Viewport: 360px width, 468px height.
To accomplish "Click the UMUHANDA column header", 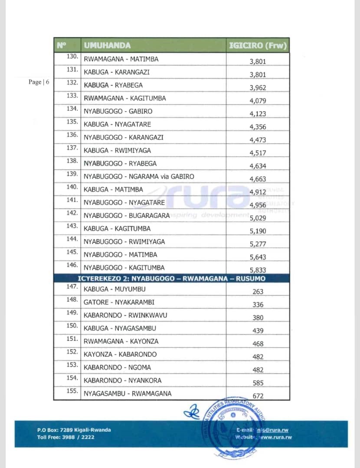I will tap(107, 45).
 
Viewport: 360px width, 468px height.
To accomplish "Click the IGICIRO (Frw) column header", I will tap(258, 45).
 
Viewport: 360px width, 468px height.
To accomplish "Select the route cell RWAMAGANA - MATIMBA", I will tap(121, 59).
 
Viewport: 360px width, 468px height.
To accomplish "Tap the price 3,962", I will tap(258, 88).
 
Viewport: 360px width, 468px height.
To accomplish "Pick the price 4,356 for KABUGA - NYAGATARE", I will tap(258, 127).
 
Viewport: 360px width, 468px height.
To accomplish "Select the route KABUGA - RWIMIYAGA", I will tap(117, 150).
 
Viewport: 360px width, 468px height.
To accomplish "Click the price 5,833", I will tap(258, 270).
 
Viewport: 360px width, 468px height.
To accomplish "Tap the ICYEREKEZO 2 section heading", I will tap(171, 278).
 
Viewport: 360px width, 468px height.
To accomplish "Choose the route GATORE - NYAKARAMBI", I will tap(119, 302).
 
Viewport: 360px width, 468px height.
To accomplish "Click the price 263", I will tap(258, 292).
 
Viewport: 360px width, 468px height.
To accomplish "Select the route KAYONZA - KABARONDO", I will tap(120, 354).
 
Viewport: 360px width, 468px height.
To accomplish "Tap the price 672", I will tap(258, 396).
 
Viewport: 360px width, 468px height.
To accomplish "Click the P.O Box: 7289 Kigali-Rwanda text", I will tap(74, 430).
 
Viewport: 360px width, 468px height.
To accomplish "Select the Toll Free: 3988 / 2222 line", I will tap(65, 437).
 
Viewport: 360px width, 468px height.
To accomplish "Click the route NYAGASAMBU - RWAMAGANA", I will tap(128, 393).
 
